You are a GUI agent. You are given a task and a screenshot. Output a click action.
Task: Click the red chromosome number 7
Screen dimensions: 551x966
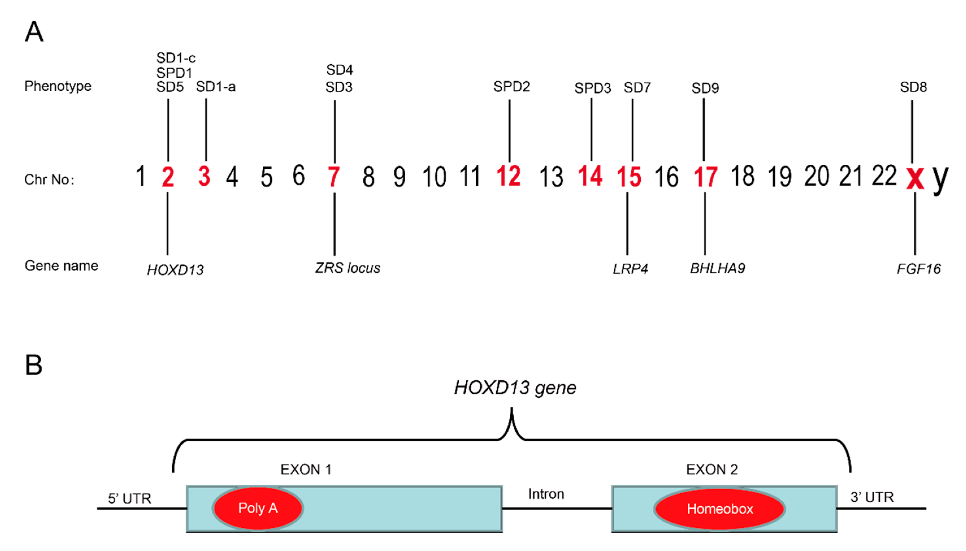(x=333, y=177)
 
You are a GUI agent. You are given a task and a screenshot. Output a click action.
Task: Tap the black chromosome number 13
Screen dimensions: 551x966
(x=551, y=177)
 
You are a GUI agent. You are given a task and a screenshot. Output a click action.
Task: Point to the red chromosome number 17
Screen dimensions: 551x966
(x=705, y=177)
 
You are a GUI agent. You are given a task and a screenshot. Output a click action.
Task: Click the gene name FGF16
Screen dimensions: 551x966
(x=918, y=269)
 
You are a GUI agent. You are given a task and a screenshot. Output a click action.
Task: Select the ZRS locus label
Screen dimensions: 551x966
(x=347, y=268)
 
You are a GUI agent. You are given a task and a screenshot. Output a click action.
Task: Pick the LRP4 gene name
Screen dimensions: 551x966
(x=630, y=269)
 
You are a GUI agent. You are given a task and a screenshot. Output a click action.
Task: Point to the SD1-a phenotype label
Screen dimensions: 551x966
(x=216, y=87)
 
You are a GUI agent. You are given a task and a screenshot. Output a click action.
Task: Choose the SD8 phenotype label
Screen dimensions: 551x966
(x=913, y=87)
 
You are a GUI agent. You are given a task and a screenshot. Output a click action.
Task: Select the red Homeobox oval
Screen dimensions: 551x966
(x=720, y=509)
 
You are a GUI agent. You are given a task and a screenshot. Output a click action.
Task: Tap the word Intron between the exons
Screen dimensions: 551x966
(x=546, y=494)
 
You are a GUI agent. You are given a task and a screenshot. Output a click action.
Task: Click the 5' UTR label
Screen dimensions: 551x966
(x=129, y=498)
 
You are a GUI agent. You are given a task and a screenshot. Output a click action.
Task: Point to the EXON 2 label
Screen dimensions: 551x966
(x=712, y=470)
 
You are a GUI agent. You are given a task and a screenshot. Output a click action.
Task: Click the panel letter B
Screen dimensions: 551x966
(x=33, y=365)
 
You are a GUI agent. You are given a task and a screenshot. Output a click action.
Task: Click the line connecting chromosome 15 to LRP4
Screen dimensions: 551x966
(x=627, y=223)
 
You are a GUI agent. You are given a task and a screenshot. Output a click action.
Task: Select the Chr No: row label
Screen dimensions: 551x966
(x=49, y=180)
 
